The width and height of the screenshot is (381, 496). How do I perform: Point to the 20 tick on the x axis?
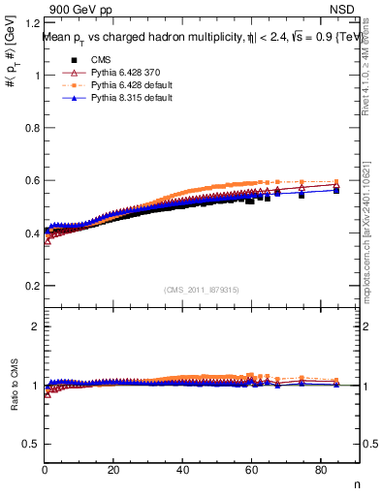[x=113, y=472]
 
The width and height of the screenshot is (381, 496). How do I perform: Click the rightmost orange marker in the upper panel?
[x=336, y=182]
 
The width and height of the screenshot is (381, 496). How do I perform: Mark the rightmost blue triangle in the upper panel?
[x=336, y=190]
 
